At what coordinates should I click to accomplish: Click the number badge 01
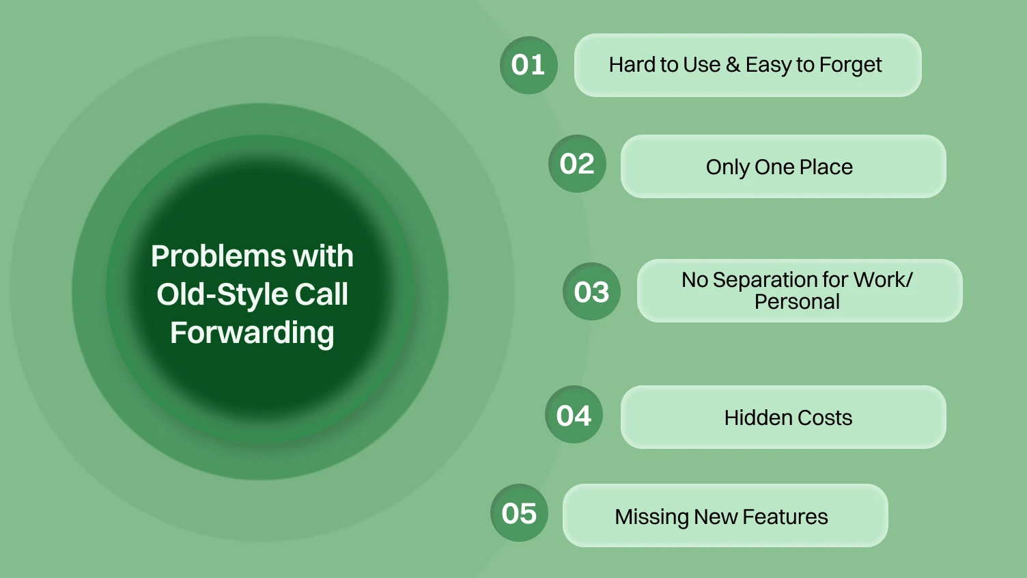point(529,65)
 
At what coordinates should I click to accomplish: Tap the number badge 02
point(577,164)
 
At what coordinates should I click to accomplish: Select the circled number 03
point(591,292)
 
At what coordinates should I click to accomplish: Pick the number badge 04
point(574,415)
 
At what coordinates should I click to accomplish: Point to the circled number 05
point(519,513)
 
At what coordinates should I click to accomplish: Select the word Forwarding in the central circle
point(252,333)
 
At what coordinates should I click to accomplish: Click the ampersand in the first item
point(733,65)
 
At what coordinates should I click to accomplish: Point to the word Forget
point(850,66)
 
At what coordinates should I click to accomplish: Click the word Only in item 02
point(728,167)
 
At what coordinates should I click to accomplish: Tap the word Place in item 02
point(826,167)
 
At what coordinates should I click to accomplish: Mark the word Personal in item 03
point(797,302)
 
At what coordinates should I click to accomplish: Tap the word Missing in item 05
point(651,517)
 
